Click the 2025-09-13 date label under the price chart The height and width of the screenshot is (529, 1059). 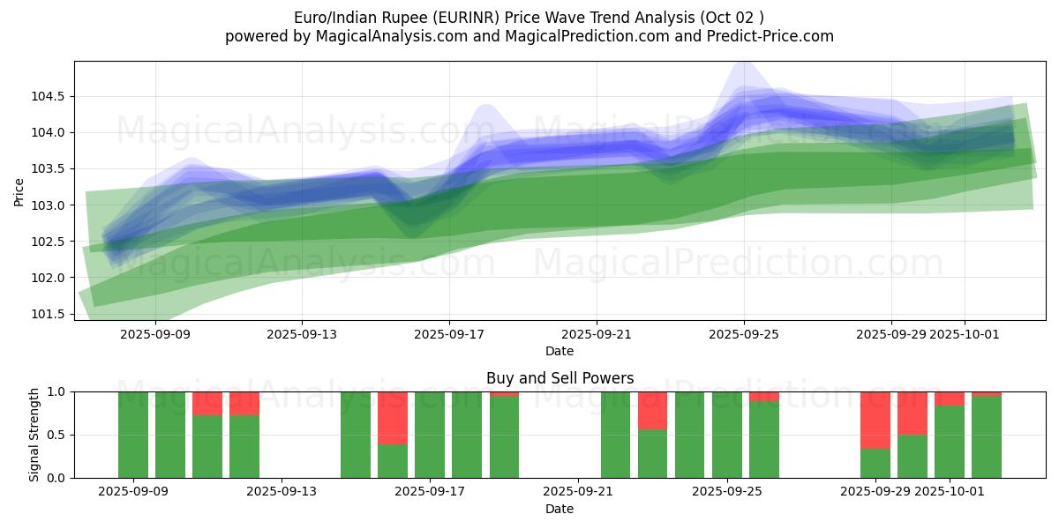[x=302, y=334]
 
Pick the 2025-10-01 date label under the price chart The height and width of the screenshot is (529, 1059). [x=964, y=334]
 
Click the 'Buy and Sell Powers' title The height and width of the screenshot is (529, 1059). [x=560, y=378]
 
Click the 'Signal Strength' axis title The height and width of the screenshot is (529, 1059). [x=34, y=435]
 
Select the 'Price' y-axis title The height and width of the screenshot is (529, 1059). [x=19, y=191]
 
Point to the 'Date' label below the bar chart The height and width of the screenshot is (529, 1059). [x=560, y=509]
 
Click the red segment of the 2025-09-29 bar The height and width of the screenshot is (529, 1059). [x=875, y=420]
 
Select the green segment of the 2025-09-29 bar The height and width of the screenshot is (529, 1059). [x=875, y=463]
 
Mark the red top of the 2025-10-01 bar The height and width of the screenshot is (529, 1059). [x=950, y=399]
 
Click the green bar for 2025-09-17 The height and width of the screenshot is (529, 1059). [x=430, y=435]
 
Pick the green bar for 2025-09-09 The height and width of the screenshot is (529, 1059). [x=133, y=435]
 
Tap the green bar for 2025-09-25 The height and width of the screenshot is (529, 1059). [x=727, y=435]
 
